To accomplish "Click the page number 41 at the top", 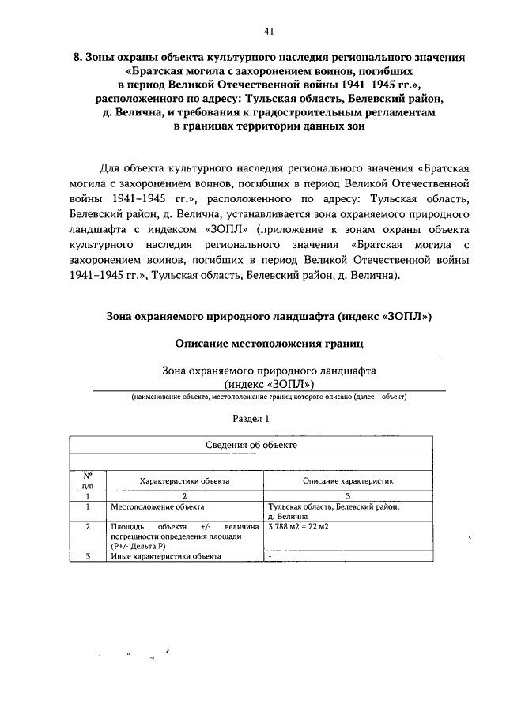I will (x=269, y=31).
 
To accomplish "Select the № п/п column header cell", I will (x=89, y=480).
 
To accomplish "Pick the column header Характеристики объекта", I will (x=184, y=480).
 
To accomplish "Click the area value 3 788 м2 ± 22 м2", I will (x=299, y=525).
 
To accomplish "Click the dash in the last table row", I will (x=270, y=556).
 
